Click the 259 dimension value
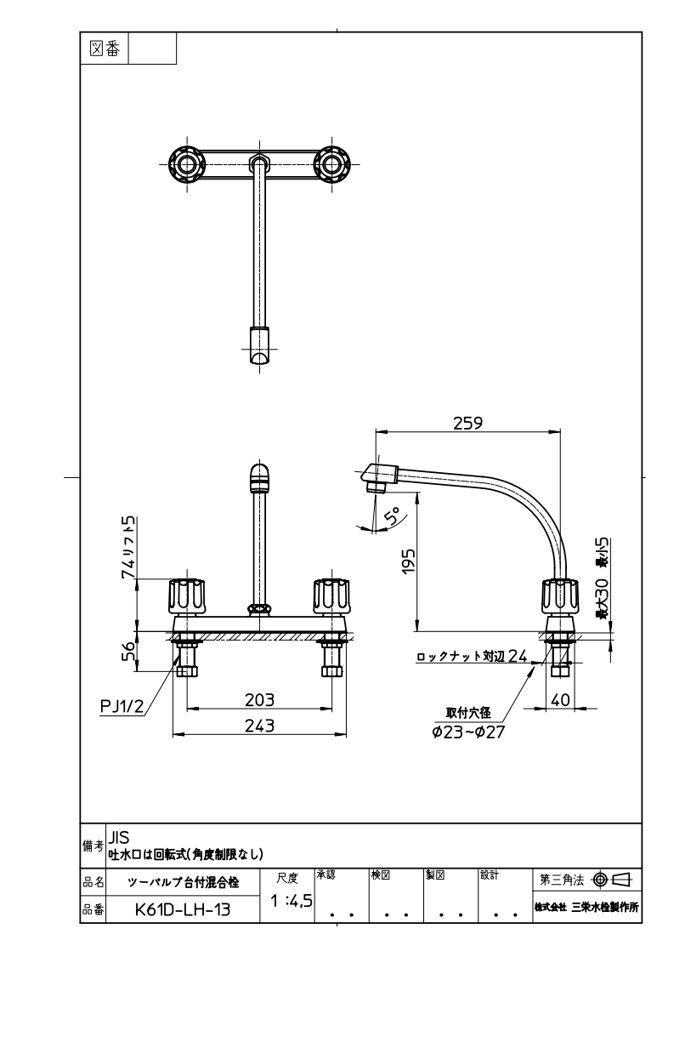(x=467, y=423)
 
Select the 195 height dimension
(x=409, y=561)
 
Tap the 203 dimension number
(x=259, y=699)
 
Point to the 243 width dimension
(x=259, y=726)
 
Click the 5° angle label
(x=393, y=516)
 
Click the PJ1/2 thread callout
(x=122, y=706)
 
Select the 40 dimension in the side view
(x=560, y=699)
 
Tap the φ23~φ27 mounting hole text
(x=468, y=732)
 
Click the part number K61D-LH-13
(x=183, y=909)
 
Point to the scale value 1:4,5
(x=292, y=900)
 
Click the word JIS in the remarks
(x=119, y=837)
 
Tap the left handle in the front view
(x=187, y=596)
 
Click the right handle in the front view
(x=331, y=596)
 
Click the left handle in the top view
(x=187, y=164)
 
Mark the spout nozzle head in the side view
(x=378, y=478)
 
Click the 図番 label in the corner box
(x=105, y=48)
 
